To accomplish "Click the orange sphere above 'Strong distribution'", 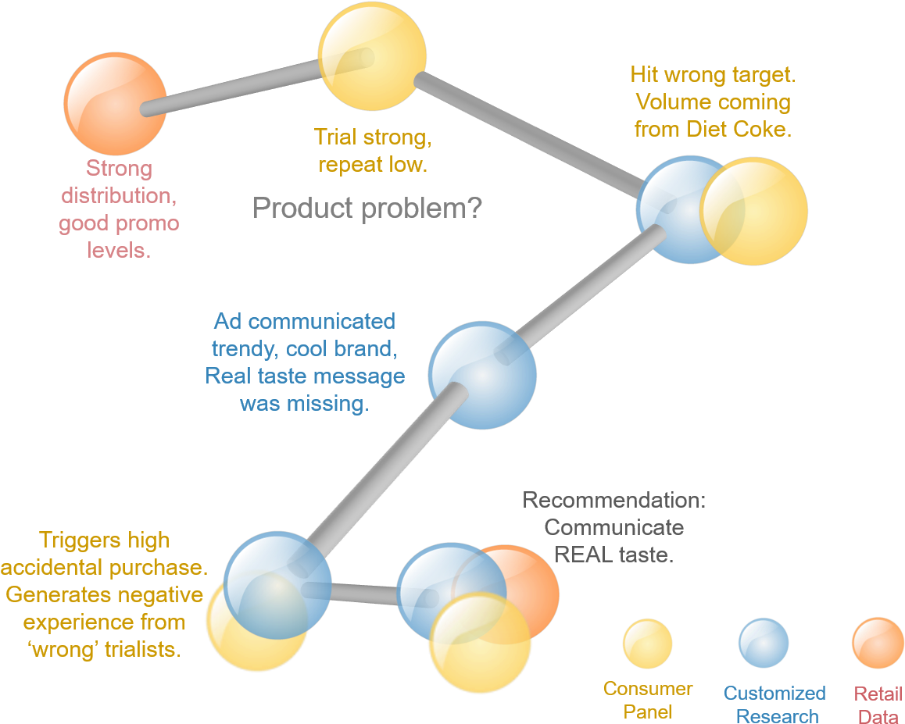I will [115, 104].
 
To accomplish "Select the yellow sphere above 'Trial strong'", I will [373, 57].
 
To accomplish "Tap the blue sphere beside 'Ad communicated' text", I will [482, 376].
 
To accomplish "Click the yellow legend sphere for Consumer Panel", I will [647, 644].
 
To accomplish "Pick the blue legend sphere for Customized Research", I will [764, 643].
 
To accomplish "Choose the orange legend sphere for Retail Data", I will [878, 643].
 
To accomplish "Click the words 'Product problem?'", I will [367, 209].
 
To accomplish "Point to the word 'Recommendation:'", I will [613, 500].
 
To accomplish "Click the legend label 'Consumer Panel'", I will [648, 700].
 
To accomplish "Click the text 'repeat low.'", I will [373, 165].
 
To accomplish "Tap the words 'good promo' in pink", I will [119, 223].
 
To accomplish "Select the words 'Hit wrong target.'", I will [713, 75].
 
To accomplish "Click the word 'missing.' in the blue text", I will [304, 404].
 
